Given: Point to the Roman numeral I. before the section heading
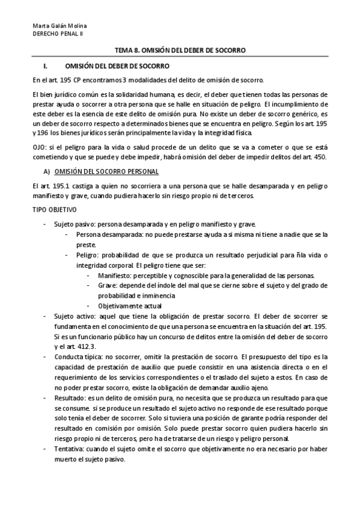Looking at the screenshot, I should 40,65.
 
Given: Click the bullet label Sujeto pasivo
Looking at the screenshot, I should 72,224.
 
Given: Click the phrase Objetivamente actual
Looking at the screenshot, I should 127,305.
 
